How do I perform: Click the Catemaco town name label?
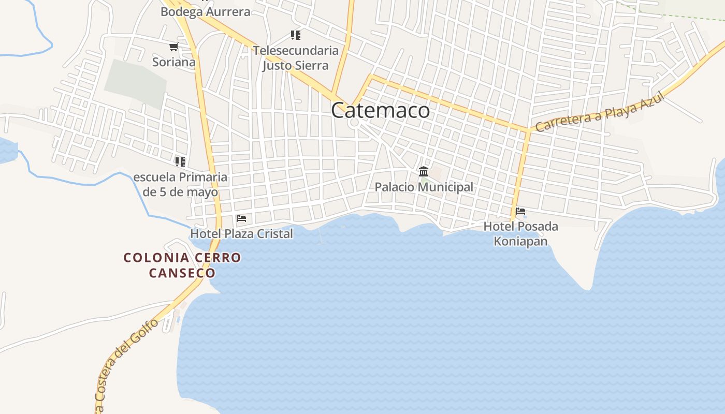380,110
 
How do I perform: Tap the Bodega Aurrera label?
205,11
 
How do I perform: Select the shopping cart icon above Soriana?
173,47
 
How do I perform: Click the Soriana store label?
174,62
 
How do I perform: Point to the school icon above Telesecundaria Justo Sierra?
296,35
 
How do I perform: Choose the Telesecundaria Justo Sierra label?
296,58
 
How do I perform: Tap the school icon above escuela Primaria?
180,162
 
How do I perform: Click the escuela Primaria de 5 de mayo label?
180,185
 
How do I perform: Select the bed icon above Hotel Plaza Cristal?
241,218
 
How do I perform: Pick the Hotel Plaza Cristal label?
241,234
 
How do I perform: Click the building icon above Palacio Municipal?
424,171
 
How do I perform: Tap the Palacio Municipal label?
424,187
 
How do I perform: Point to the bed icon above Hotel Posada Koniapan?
520,211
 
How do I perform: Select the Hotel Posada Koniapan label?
520,234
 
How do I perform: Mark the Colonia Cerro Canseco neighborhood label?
182,265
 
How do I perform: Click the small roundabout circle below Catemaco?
354,124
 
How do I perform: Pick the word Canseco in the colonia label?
182,273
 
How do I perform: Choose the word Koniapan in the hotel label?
520,241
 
